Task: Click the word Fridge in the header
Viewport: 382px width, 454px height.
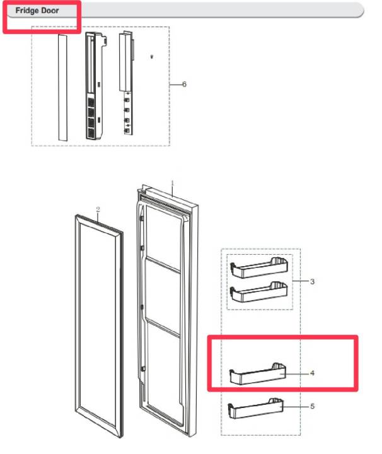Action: coord(26,11)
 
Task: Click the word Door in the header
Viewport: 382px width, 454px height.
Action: coord(50,11)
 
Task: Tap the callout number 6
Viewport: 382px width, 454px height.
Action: coord(184,84)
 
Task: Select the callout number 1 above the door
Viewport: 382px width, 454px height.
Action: coord(173,183)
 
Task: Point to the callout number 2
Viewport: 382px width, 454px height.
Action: coord(98,209)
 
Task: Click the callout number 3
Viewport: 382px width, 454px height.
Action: coord(312,281)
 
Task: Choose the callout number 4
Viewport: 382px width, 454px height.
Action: coord(312,373)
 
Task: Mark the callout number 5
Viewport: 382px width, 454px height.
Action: coord(312,406)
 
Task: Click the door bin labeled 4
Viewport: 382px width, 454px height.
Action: coord(258,374)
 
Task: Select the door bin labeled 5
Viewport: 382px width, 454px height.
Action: coord(256,409)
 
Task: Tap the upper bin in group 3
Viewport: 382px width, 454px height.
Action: coord(259,268)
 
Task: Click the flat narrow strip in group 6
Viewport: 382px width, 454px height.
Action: coord(63,88)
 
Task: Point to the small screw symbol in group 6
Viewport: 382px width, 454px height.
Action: coord(152,57)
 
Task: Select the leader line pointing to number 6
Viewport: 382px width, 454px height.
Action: coord(175,84)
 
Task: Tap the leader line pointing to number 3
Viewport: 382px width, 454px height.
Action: coord(301,281)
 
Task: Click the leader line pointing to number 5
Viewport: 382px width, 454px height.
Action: coord(296,407)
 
